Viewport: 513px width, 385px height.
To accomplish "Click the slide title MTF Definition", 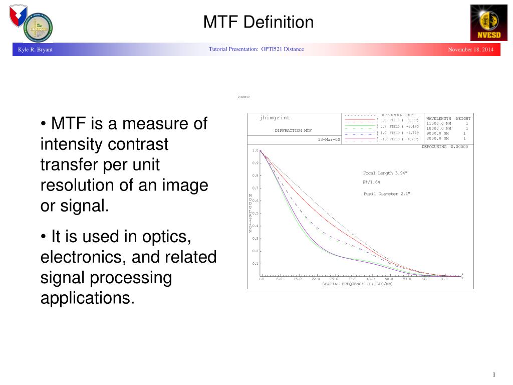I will point(258,22).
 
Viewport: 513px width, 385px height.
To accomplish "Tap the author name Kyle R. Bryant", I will point(35,50).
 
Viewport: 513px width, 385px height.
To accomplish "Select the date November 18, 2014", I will point(470,50).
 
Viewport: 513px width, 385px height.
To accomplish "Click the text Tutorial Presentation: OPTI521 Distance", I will point(256,49).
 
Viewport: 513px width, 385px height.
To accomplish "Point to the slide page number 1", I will point(494,375).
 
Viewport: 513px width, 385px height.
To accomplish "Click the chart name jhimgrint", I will point(275,118).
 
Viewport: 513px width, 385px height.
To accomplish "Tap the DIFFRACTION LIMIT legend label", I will point(397,115).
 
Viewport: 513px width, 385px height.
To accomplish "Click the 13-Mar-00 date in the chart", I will point(329,139).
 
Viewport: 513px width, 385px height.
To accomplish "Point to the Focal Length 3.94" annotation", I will point(385,173).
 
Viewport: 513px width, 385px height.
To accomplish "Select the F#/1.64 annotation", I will point(371,182).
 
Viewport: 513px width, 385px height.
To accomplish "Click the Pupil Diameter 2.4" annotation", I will point(387,194).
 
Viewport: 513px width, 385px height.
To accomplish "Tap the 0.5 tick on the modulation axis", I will point(255,214).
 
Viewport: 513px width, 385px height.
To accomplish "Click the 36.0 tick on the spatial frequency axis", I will point(352,279).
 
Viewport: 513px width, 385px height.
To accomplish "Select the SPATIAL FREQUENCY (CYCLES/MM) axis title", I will point(357,284).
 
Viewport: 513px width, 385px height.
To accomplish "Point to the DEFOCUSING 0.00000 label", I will point(444,147).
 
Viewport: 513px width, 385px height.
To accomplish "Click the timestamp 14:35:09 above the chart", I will point(243,97).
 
